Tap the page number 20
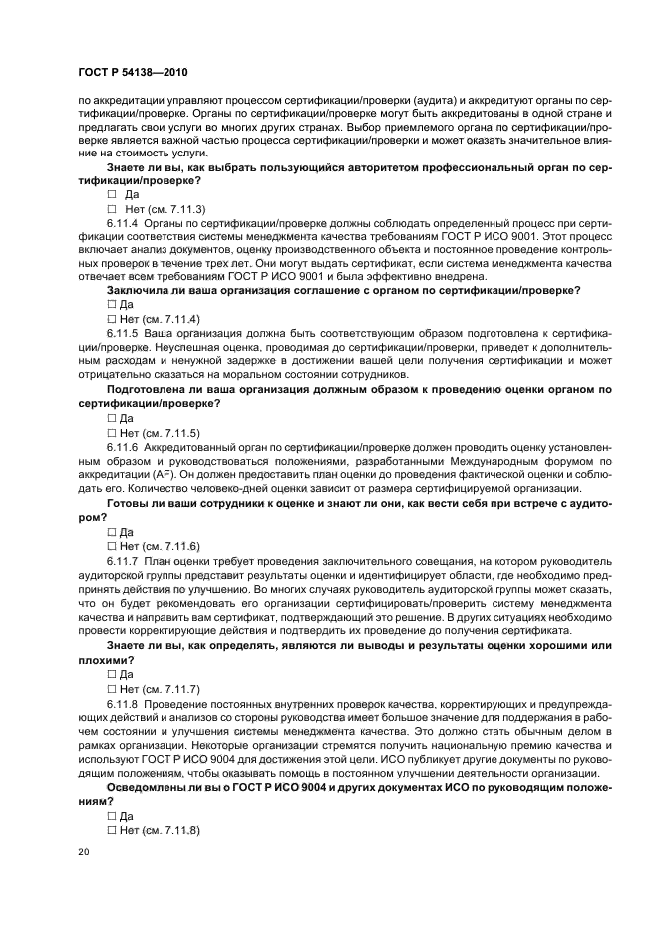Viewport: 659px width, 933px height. pos(83,853)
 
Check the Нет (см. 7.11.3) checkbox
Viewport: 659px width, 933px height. pos(112,209)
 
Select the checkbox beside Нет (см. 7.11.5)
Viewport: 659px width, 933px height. pos(111,433)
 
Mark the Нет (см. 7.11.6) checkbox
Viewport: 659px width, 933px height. pos(111,547)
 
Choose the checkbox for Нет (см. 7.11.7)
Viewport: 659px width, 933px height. pos(111,689)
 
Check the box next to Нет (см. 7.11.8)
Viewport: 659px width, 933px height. pos(111,830)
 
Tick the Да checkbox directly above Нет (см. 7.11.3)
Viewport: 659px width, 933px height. pos(112,195)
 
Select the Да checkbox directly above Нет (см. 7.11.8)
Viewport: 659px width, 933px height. pos(111,816)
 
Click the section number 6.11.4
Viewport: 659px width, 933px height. pos(123,223)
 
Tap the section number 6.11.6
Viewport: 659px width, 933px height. pos(123,448)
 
